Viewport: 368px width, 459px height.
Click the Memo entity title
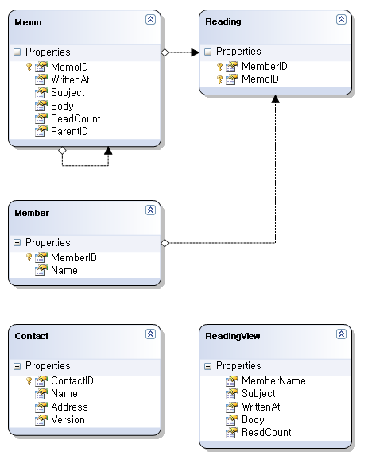click(28, 22)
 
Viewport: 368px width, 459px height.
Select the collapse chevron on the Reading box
click(341, 19)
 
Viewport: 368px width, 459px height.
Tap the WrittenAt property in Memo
click(70, 79)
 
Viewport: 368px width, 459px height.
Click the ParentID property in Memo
click(69, 131)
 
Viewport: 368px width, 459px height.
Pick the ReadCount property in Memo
click(76, 118)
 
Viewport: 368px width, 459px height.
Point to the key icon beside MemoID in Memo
click(29, 67)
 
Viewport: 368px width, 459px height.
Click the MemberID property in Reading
click(265, 66)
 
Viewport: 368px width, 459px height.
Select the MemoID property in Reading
click(260, 79)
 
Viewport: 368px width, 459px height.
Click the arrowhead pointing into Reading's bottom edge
click(275, 99)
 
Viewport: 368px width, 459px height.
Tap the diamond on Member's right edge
click(165, 243)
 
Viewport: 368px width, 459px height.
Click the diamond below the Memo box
click(62, 150)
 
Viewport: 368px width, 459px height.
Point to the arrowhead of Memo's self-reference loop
click(108, 150)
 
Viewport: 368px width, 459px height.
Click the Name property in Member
click(64, 270)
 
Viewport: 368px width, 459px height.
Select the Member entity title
click(32, 213)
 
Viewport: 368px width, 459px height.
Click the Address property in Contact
click(69, 407)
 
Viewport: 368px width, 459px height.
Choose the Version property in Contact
click(68, 420)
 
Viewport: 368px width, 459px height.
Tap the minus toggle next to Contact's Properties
click(17, 366)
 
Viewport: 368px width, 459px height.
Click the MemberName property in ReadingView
click(273, 380)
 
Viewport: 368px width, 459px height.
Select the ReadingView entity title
click(233, 336)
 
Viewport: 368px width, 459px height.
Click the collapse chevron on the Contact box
click(150, 334)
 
